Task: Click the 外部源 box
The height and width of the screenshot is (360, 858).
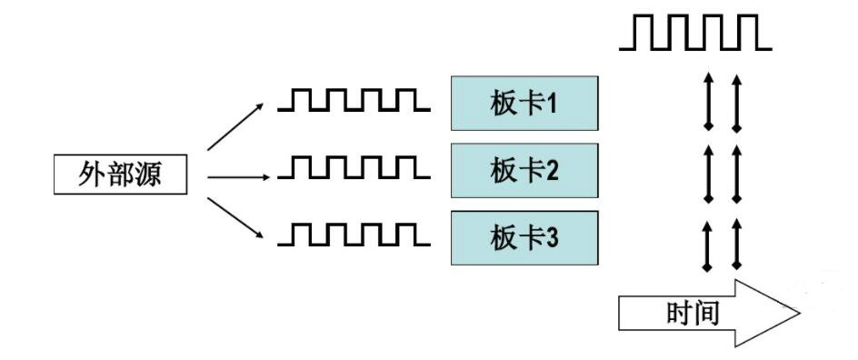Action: pos(120,175)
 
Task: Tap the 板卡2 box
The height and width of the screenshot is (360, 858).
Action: pos(524,170)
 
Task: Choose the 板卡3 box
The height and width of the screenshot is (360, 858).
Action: pos(524,237)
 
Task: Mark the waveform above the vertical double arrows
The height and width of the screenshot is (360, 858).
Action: pos(695,34)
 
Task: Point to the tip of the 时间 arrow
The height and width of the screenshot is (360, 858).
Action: pos(796,314)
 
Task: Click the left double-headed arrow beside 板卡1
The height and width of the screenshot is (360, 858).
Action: pos(708,104)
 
